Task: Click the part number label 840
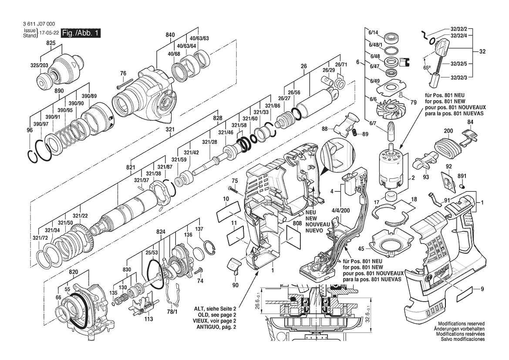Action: [170, 35]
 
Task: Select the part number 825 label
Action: [51, 44]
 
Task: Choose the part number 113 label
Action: [149, 319]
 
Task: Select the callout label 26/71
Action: [341, 65]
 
